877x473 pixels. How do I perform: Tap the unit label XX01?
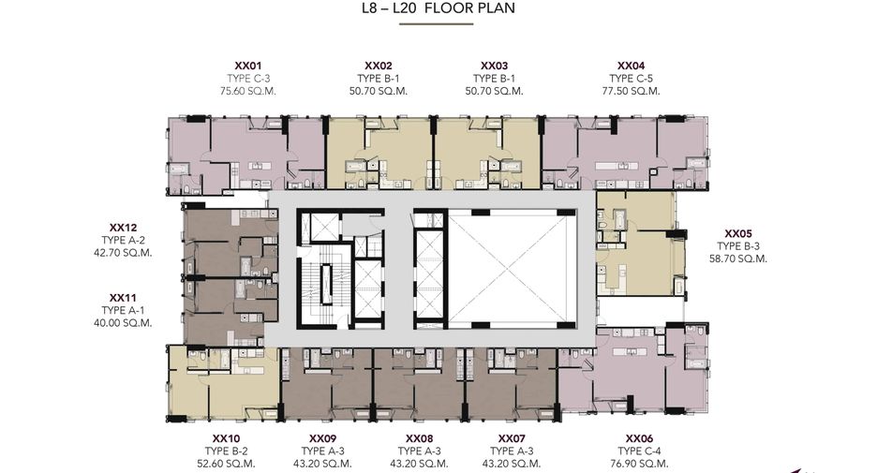pyautogui.click(x=247, y=66)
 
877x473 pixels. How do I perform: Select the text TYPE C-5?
pyautogui.click(x=631, y=79)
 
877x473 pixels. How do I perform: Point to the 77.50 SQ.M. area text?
pyautogui.click(x=631, y=91)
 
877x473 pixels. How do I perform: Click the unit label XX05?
pyautogui.click(x=738, y=234)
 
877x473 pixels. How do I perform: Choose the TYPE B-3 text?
pyautogui.click(x=738, y=246)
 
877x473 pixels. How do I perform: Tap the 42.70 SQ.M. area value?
pyautogui.click(x=123, y=253)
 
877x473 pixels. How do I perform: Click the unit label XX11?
pyautogui.click(x=123, y=298)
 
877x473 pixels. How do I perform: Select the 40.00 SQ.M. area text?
pyautogui.click(x=123, y=322)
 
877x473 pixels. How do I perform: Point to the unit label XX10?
pyautogui.click(x=226, y=439)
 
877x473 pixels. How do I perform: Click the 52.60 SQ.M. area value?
pyautogui.click(x=226, y=464)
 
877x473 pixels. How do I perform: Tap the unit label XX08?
pyautogui.click(x=419, y=439)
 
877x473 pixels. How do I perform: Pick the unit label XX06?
pyautogui.click(x=639, y=439)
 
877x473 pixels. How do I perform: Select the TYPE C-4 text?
pyautogui.click(x=639, y=451)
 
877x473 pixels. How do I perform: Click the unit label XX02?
pyautogui.click(x=379, y=66)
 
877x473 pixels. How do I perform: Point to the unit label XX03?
pyautogui.click(x=495, y=66)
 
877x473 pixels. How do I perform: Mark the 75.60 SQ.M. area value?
pyautogui.click(x=247, y=91)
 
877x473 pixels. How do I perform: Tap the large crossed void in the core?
pyautogui.click(x=512, y=269)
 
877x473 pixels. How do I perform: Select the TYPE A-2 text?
pyautogui.click(x=123, y=241)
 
